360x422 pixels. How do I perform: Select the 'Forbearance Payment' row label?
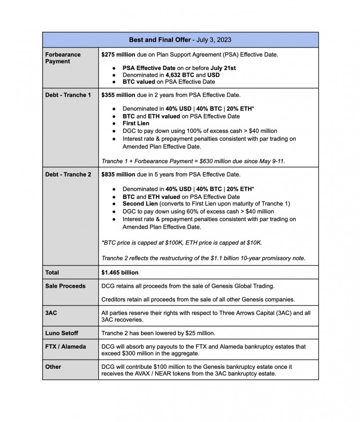63,58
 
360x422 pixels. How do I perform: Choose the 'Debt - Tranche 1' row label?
68,95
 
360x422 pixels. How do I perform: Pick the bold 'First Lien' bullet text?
136,123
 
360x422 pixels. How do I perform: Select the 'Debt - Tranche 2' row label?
68,175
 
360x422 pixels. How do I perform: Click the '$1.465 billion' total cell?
120,272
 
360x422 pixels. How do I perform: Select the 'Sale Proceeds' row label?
65,286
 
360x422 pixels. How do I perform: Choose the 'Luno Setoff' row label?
62,333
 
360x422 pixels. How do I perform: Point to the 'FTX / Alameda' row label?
66,346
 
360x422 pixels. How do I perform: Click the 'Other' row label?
53,366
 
